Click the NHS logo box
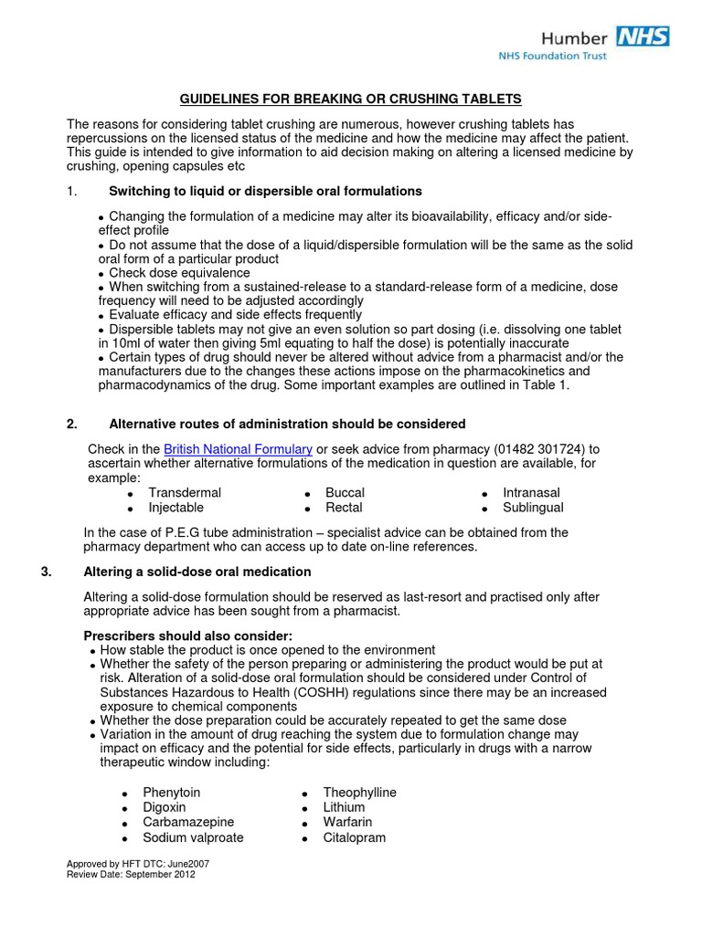coord(643,37)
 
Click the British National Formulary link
coord(238,449)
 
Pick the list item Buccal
coord(345,493)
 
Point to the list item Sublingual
coord(533,508)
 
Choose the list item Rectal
coord(344,508)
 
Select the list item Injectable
coord(175,508)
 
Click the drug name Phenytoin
coord(171,793)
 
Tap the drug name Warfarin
coord(347,822)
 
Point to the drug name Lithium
coord(344,807)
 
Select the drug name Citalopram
coord(355,837)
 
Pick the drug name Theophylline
coord(360,793)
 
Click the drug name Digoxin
coord(165,807)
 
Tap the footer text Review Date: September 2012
coord(131,874)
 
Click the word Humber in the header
coord(573,37)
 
